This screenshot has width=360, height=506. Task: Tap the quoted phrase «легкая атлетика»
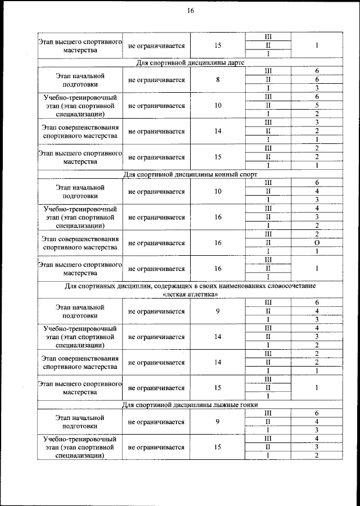[x=190, y=295]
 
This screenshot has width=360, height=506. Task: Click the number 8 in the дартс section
[x=218, y=80]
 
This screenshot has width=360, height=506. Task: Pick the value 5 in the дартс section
[x=317, y=105]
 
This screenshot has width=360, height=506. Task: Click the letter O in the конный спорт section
[x=317, y=243]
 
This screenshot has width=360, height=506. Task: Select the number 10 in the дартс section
[x=218, y=105]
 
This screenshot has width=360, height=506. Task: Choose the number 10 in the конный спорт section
[x=218, y=192]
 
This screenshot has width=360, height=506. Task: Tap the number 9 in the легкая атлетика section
[x=218, y=311]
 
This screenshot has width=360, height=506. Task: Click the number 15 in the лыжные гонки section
[x=218, y=448]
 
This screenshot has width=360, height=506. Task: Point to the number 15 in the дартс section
[x=218, y=157]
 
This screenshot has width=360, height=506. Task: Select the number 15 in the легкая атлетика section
[x=218, y=388]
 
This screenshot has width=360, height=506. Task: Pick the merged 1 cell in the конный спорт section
[x=317, y=269]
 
